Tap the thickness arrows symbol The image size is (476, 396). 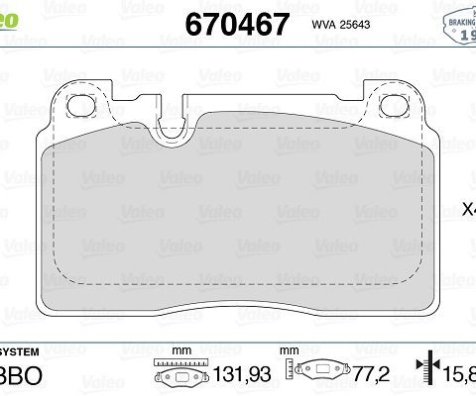[x=429, y=372]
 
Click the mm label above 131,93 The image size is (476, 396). [x=180, y=350]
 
